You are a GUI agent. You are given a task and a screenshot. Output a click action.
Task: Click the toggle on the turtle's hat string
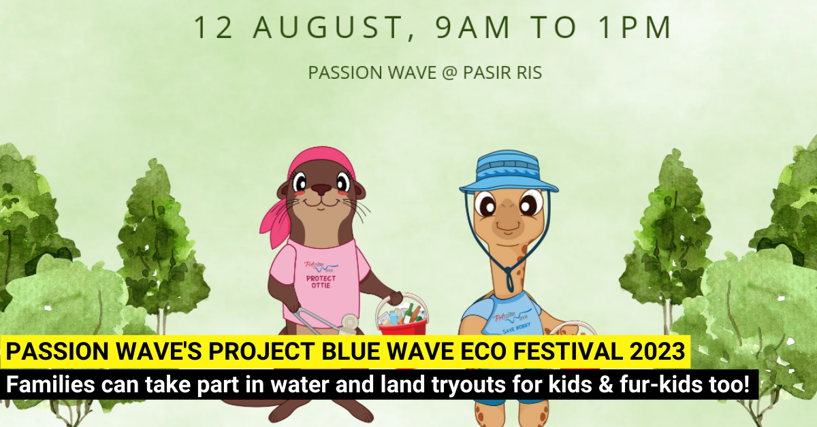point(509,278)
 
